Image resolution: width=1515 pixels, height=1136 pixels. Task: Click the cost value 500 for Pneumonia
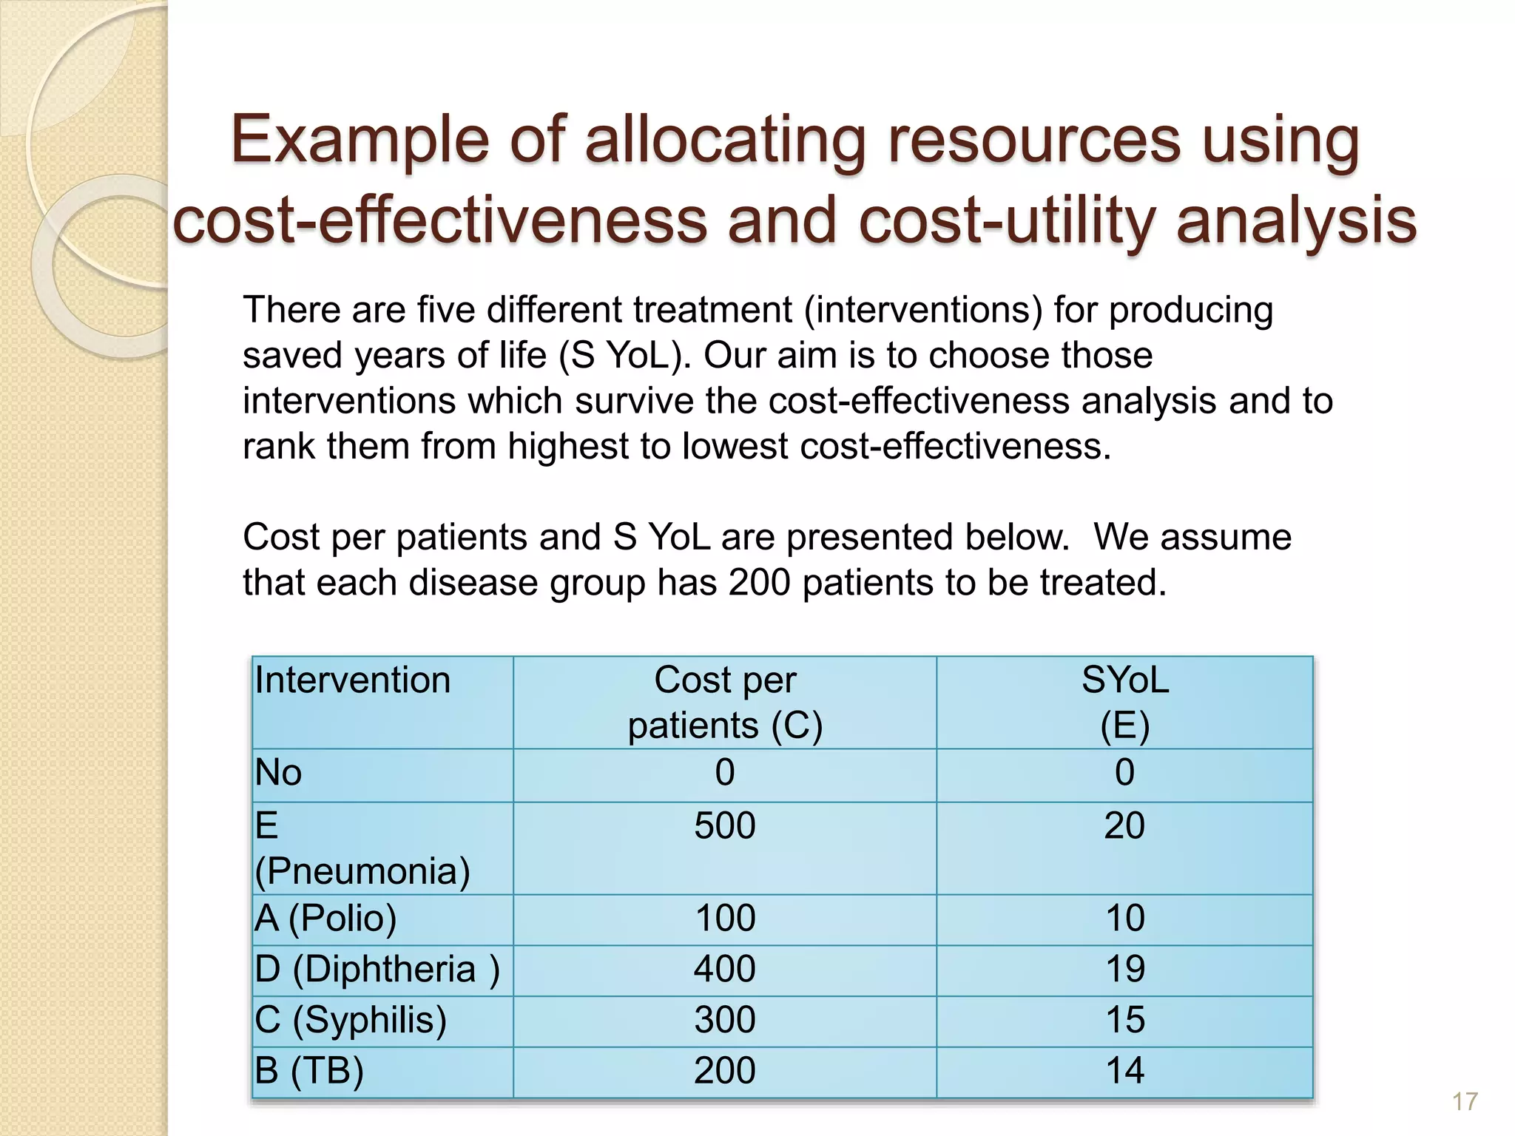[724, 825]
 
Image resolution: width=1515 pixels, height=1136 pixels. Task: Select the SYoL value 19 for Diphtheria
[1124, 969]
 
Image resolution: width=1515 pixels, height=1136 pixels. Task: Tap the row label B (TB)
[309, 1070]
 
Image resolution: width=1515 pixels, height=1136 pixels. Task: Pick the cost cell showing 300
[724, 1020]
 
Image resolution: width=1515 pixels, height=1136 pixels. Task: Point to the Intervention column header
[352, 680]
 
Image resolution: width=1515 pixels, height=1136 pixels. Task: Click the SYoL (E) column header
[1124, 702]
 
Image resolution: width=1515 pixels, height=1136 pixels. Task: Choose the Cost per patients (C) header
[725, 702]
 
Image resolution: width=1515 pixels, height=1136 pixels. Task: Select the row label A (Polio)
[325, 919]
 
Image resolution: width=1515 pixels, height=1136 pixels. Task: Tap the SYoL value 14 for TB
[1124, 1071]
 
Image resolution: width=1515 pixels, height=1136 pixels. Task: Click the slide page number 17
[1464, 1102]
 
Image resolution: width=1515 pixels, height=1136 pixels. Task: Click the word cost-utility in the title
[1009, 220]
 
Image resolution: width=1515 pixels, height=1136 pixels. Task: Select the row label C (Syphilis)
[351, 1020]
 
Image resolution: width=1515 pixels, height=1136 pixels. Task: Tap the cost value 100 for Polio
[725, 919]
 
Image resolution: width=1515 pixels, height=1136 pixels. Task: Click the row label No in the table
[278, 774]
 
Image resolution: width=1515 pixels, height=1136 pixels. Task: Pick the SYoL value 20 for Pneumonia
[1124, 825]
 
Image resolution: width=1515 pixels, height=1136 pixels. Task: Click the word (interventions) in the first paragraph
[923, 310]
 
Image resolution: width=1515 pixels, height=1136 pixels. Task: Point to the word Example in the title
[361, 140]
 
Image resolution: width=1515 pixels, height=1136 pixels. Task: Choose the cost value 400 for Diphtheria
[724, 969]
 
